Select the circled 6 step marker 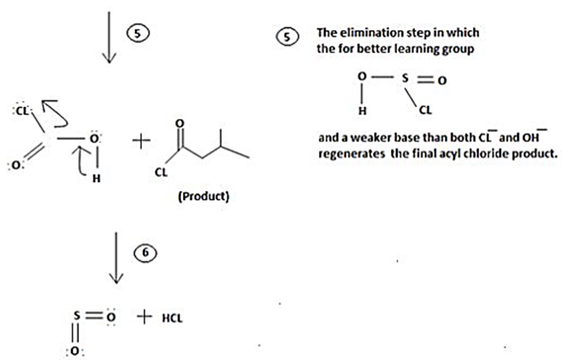point(143,253)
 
